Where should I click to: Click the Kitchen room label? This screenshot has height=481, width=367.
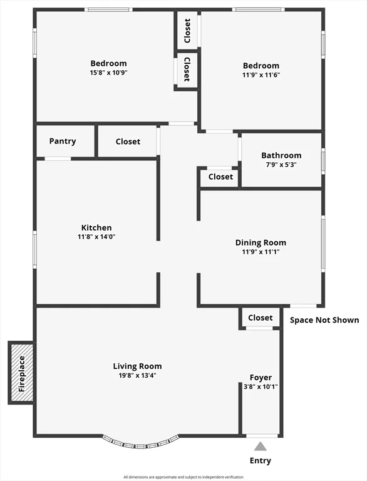(96, 227)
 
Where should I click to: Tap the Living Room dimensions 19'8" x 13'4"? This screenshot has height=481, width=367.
(138, 375)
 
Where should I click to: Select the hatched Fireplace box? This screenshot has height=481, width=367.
(21, 373)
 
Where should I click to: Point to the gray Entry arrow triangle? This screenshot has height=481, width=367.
(260, 446)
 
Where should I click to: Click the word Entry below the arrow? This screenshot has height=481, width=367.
(260, 461)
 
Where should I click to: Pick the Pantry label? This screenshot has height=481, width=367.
(63, 141)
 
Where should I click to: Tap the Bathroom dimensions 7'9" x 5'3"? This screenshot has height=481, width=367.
(281, 165)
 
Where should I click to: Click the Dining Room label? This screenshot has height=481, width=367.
(261, 242)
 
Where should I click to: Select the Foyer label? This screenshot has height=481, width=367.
(261, 378)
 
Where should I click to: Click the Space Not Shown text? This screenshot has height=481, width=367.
(324, 320)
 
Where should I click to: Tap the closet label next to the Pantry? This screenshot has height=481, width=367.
(128, 142)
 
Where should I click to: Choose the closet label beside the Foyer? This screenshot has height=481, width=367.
(260, 318)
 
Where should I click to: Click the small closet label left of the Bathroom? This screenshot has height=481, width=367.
(220, 177)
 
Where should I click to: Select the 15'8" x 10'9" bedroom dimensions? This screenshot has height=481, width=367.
(108, 73)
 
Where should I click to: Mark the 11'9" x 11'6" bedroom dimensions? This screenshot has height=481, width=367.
(261, 75)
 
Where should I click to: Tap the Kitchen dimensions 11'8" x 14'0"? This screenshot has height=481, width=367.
(96, 237)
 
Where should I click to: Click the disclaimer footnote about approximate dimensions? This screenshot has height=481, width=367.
(183, 477)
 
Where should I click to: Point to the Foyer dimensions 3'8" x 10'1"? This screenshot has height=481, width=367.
(261, 386)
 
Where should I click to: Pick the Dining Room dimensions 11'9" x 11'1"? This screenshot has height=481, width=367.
(261, 252)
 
